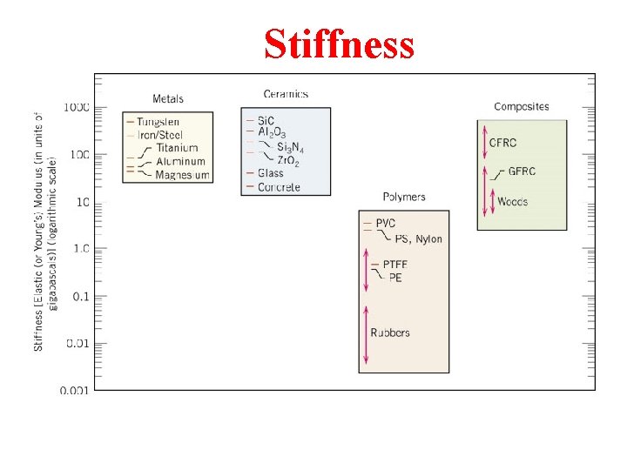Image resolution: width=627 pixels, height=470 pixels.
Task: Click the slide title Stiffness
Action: [339, 44]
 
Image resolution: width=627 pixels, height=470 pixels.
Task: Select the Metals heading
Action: [168, 98]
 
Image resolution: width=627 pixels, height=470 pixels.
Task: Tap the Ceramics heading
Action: [286, 94]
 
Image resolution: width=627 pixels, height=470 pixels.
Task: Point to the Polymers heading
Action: [404, 197]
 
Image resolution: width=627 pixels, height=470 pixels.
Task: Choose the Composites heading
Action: [522, 106]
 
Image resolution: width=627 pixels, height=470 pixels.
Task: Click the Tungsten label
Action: [158, 122]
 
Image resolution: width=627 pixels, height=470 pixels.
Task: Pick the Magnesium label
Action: [182, 175]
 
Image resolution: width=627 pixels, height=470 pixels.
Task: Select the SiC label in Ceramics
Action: [266, 119]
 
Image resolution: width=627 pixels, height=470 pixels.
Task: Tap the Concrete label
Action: [279, 187]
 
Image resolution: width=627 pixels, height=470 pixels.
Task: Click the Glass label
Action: [271, 173]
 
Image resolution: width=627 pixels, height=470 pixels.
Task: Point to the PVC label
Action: [386, 224]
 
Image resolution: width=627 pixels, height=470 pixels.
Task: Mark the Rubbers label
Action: [390, 332]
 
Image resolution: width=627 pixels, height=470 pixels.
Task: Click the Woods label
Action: [512, 202]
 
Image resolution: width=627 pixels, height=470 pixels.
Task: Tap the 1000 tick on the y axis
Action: [77, 108]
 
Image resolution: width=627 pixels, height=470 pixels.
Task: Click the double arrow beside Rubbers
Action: [367, 333]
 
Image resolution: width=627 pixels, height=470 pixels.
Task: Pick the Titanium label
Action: [177, 148]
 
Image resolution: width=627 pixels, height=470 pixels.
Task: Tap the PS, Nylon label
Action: [418, 238]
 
